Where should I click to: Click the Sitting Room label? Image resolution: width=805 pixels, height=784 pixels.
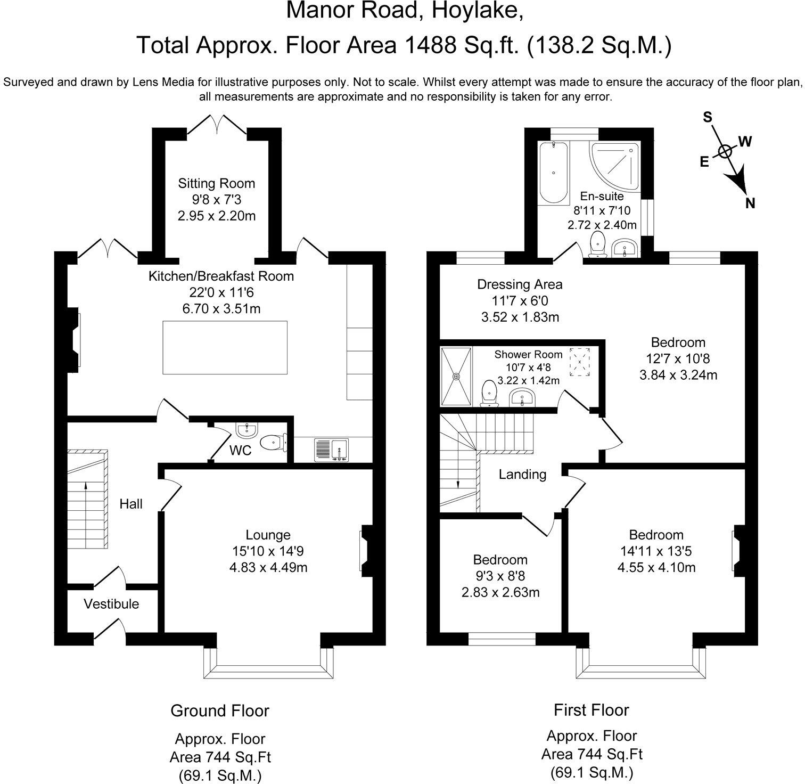pyautogui.click(x=216, y=184)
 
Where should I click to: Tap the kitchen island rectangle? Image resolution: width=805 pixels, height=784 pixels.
pyautogui.click(x=225, y=348)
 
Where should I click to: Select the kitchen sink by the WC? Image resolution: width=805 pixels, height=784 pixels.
pyautogui.click(x=331, y=449)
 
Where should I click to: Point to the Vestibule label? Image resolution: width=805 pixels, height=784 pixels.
pyautogui.click(x=111, y=604)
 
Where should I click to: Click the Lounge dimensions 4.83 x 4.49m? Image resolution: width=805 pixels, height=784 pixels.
pyautogui.click(x=268, y=568)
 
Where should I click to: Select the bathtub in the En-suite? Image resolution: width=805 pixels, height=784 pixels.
pyautogui.click(x=554, y=173)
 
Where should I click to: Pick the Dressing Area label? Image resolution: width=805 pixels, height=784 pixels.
pyautogui.click(x=520, y=284)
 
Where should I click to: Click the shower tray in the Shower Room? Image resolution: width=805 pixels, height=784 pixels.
pyautogui.click(x=456, y=376)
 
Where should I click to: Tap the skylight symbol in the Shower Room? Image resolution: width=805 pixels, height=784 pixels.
pyautogui.click(x=579, y=362)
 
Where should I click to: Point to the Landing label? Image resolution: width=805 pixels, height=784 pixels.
pyautogui.click(x=522, y=475)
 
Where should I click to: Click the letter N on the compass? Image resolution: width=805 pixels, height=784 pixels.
pyautogui.click(x=750, y=203)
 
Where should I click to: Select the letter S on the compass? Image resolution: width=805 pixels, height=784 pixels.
pyautogui.click(x=708, y=117)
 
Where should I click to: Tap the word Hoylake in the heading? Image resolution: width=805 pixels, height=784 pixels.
pyautogui.click(x=473, y=10)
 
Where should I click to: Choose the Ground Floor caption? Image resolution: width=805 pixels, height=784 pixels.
pyautogui.click(x=220, y=710)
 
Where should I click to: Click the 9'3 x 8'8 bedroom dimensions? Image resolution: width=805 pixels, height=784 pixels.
pyautogui.click(x=500, y=576)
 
